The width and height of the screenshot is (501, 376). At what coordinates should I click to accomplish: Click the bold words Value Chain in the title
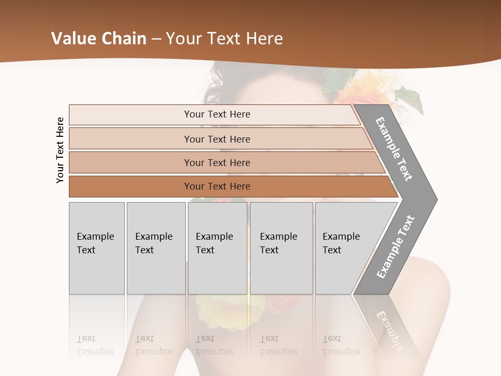pos(99,39)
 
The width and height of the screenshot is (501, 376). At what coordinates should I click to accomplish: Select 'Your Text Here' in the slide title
pos(224,39)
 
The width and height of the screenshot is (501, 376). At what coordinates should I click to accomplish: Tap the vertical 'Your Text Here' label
pos(60,150)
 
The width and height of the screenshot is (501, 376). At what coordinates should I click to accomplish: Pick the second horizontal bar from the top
pos(217,139)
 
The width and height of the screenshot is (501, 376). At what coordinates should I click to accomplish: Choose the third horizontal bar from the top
pos(217,162)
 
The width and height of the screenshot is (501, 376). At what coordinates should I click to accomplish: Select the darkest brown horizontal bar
pos(217,186)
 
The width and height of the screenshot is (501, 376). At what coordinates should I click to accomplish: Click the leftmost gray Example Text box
pos(97,248)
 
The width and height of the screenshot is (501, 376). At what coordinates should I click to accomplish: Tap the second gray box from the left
pos(156,248)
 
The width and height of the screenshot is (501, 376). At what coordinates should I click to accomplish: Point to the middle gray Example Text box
pos(217,248)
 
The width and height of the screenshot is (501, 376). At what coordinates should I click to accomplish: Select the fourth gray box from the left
pos(281,248)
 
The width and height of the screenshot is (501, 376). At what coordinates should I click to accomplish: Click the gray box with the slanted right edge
pos(344,248)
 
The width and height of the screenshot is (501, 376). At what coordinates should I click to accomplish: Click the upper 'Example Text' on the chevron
pos(394,148)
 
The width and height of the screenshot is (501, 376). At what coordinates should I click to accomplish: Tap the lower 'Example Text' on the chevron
pos(395,246)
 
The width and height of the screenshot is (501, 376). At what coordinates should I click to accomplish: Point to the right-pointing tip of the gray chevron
pos(434,199)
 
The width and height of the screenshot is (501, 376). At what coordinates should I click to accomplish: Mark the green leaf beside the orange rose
pos(410,99)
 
